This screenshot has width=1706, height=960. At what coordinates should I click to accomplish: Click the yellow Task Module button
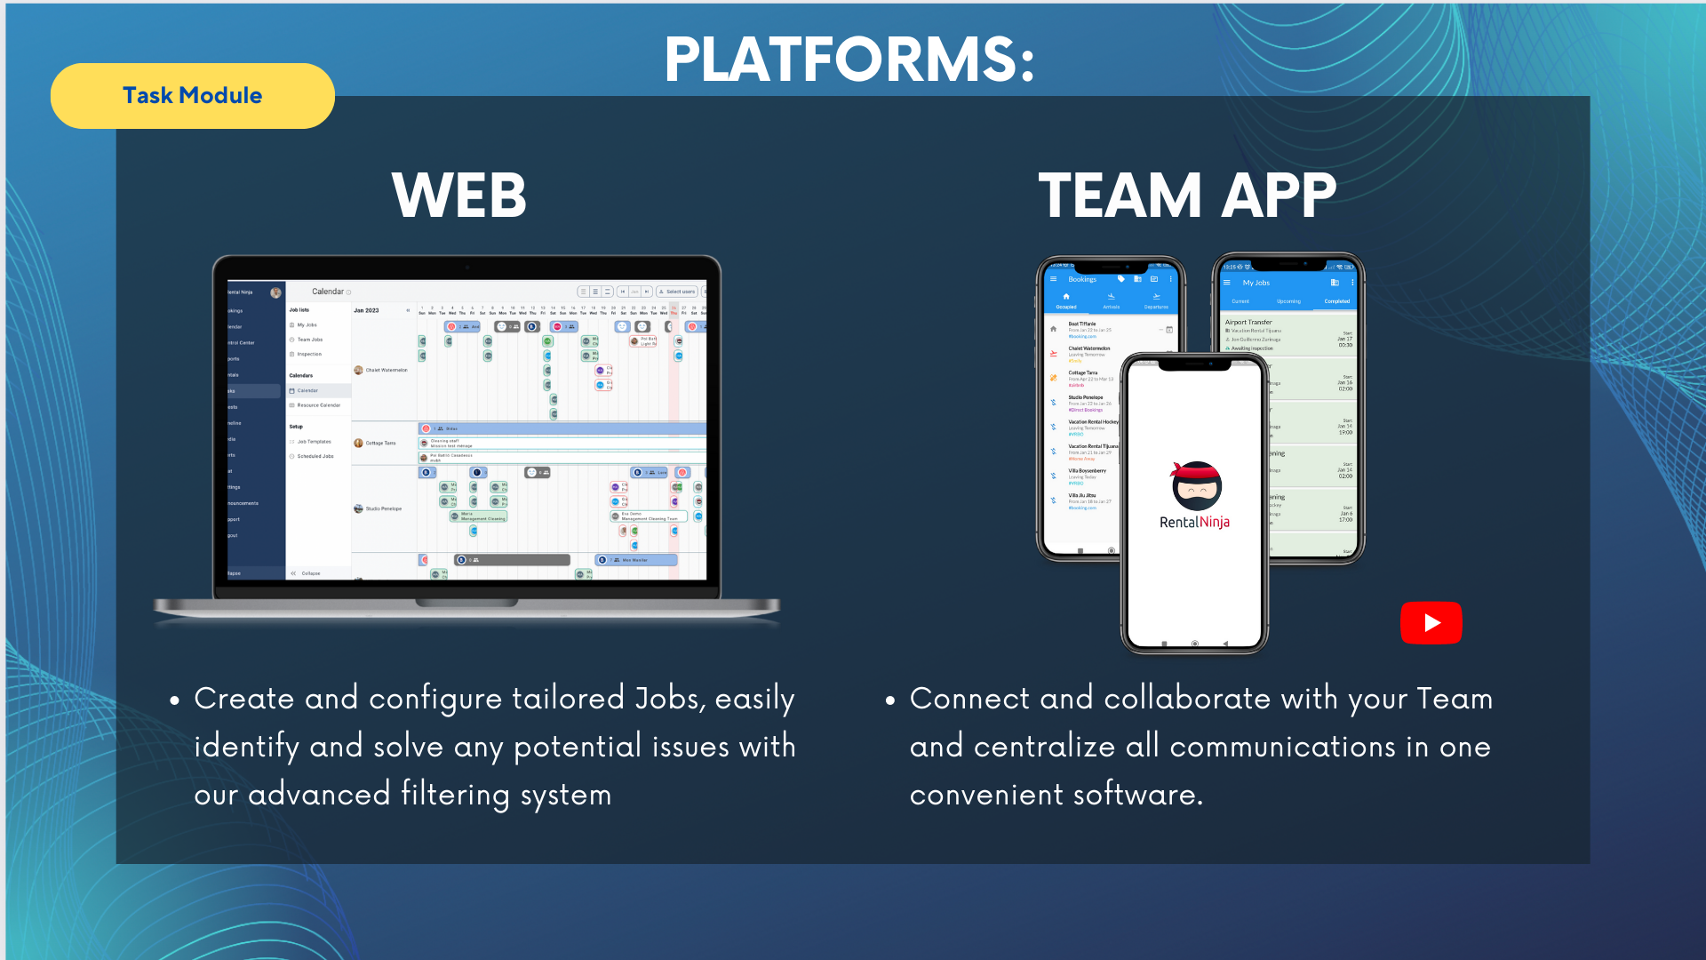pos(192,96)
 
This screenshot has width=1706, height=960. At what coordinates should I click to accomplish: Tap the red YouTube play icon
pos(1431,622)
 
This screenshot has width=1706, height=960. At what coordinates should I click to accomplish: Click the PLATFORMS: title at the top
pos(849,60)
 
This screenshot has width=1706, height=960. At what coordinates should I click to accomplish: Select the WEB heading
pos(459,196)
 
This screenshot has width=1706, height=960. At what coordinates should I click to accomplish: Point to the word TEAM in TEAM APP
pos(1120,196)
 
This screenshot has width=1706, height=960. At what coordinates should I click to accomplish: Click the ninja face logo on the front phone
pos(1196,485)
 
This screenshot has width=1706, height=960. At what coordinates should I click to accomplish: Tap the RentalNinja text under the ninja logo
pos(1194,523)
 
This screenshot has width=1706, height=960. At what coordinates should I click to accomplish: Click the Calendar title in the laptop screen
pos(328,292)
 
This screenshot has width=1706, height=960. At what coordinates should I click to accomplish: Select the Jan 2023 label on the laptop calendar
pos(366,310)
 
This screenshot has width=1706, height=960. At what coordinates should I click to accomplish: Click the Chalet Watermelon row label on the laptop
pos(386,370)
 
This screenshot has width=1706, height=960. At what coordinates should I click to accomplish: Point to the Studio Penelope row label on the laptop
pos(383,508)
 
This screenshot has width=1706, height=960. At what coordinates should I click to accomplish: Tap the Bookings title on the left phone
pos(1082,279)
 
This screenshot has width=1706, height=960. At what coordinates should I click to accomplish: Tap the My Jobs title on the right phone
pos(1256,283)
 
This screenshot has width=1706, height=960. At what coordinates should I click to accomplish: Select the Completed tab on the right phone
pos(1336,301)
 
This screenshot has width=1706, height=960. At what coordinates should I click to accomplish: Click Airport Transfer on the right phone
pos(1248,322)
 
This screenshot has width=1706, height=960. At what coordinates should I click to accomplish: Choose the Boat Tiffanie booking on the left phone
pos(1081,324)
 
